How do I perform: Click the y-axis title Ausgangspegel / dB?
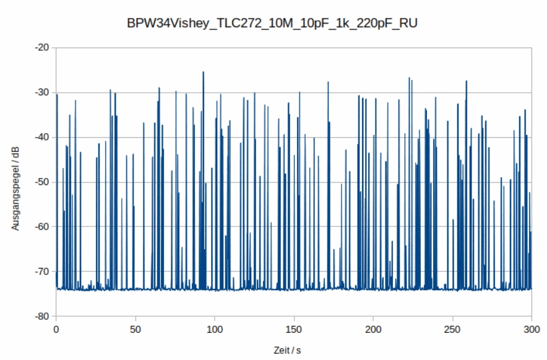15,188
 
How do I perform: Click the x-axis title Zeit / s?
287,350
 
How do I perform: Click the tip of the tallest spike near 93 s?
203,72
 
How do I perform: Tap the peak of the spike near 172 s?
328,82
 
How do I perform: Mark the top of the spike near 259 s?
466,81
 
